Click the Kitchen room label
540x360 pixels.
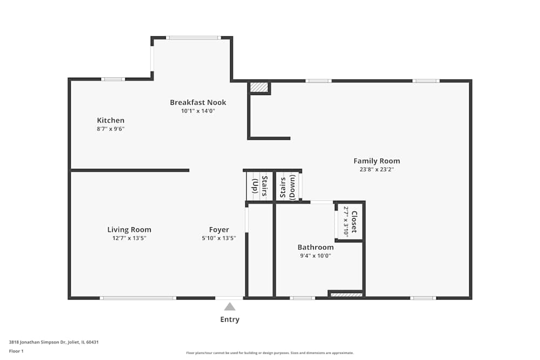click(x=111, y=120)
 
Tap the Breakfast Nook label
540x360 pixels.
click(x=198, y=103)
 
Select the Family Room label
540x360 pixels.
click(x=376, y=161)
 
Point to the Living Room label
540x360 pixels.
click(x=129, y=230)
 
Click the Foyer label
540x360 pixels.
click(x=219, y=230)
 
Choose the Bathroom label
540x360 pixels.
click(x=315, y=248)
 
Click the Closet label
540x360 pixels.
click(x=354, y=221)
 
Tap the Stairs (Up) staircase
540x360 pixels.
click(x=260, y=186)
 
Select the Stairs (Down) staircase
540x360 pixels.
click(x=287, y=186)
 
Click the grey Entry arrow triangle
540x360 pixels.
click(x=230, y=307)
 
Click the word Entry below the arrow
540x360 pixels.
click(x=230, y=320)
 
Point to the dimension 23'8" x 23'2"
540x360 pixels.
click(x=376, y=169)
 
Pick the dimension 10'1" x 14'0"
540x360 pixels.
click(x=198, y=111)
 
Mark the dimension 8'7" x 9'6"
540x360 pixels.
click(x=111, y=129)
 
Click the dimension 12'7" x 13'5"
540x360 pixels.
click(x=129, y=238)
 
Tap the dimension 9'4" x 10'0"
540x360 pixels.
click(x=315, y=256)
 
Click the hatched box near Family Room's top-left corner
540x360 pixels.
click(x=259, y=87)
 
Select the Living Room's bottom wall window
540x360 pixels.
click(x=138, y=298)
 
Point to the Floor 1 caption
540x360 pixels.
click(x=16, y=351)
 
